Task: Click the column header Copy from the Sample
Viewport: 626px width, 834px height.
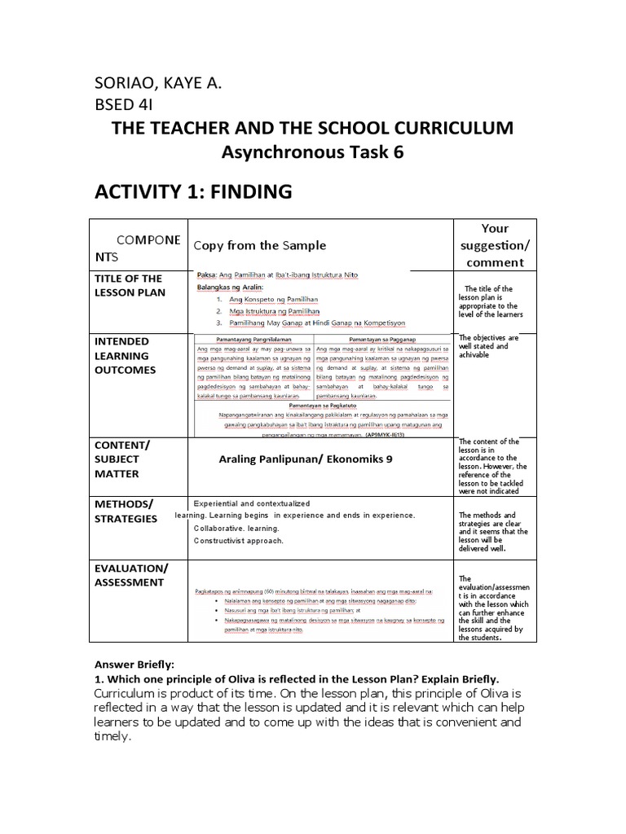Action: tap(259, 245)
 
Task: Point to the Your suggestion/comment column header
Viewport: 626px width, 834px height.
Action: tap(496, 245)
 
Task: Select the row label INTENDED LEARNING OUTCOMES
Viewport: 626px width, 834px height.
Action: tap(126, 355)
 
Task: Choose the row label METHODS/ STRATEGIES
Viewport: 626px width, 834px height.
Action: tap(126, 511)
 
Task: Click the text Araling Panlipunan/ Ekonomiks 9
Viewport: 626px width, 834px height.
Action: tap(306, 459)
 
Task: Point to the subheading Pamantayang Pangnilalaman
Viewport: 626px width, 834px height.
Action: tap(253, 337)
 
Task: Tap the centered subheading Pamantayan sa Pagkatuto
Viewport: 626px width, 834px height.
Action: tap(322, 403)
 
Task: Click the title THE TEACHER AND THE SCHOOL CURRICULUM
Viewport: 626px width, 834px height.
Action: tap(313, 128)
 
